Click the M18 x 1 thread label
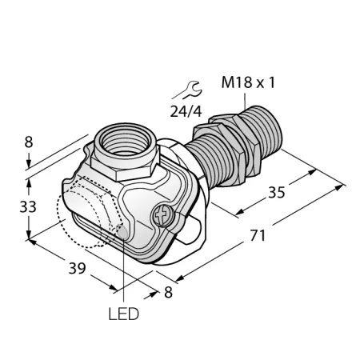tap(248, 82)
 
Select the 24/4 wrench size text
tap(186, 111)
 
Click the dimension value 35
tap(277, 192)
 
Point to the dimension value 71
tap(258, 236)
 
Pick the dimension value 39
tap(78, 268)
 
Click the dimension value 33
tap(28, 206)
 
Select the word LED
tap(124, 314)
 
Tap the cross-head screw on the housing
tap(162, 215)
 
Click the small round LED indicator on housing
tap(122, 231)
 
